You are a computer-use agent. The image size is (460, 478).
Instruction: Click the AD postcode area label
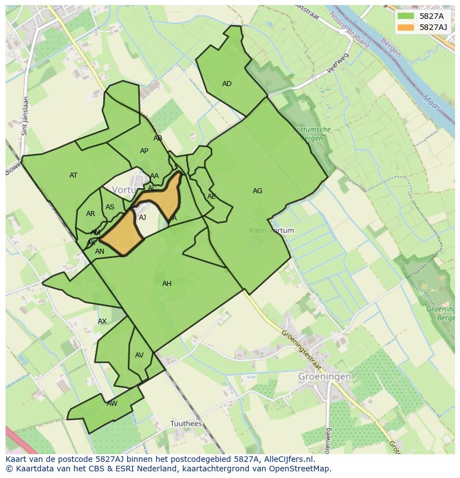(x=227, y=84)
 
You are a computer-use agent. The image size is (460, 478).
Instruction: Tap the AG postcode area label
(x=257, y=191)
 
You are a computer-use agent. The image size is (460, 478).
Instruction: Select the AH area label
(x=167, y=284)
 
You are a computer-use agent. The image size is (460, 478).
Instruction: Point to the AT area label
(x=73, y=175)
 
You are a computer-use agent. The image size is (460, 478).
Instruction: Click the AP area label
(x=144, y=151)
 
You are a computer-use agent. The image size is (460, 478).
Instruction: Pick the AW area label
(x=112, y=404)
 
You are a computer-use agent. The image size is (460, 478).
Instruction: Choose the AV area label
(x=139, y=355)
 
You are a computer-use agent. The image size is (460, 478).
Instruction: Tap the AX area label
(x=102, y=321)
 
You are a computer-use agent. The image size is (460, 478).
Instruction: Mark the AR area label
(x=91, y=214)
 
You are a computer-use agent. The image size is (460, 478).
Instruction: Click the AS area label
(x=110, y=208)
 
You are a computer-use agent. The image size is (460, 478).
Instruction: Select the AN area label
(x=99, y=251)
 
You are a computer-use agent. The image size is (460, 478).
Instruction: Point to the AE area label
(x=211, y=197)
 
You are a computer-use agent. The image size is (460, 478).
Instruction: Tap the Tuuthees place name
(x=186, y=424)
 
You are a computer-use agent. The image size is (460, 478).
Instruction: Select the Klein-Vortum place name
(x=271, y=230)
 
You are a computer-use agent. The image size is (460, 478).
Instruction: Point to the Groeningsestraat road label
(x=301, y=350)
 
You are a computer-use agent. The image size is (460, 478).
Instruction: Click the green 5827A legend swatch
(x=406, y=16)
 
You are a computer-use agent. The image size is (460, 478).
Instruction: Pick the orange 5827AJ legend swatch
(x=406, y=27)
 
